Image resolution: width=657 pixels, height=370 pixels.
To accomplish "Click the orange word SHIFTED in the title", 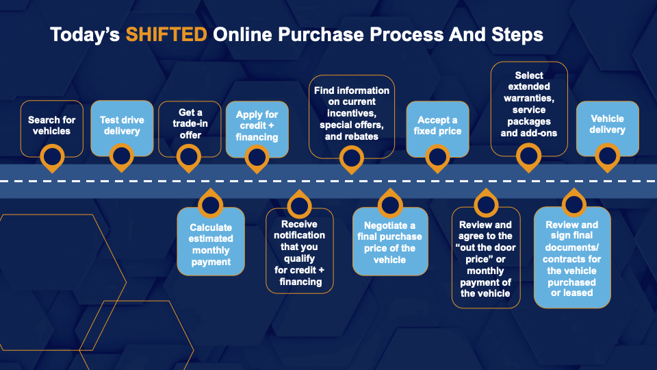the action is [166, 34].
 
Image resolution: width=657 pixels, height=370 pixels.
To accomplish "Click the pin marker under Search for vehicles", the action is [52, 158].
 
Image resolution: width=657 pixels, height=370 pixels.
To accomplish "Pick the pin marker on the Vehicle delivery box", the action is [607, 158].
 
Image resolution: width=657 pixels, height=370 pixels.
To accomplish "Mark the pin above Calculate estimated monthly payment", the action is [210, 204].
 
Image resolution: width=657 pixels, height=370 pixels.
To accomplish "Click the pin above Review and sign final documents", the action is [574, 203].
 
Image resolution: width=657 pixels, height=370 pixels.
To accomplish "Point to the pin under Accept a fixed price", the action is [437, 158].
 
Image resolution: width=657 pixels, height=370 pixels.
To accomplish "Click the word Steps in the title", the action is [517, 35].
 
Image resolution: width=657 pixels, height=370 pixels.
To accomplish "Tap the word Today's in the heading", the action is [85, 35].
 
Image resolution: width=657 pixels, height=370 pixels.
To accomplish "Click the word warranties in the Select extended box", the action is [529, 98].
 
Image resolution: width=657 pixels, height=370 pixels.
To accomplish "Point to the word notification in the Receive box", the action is [299, 235].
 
